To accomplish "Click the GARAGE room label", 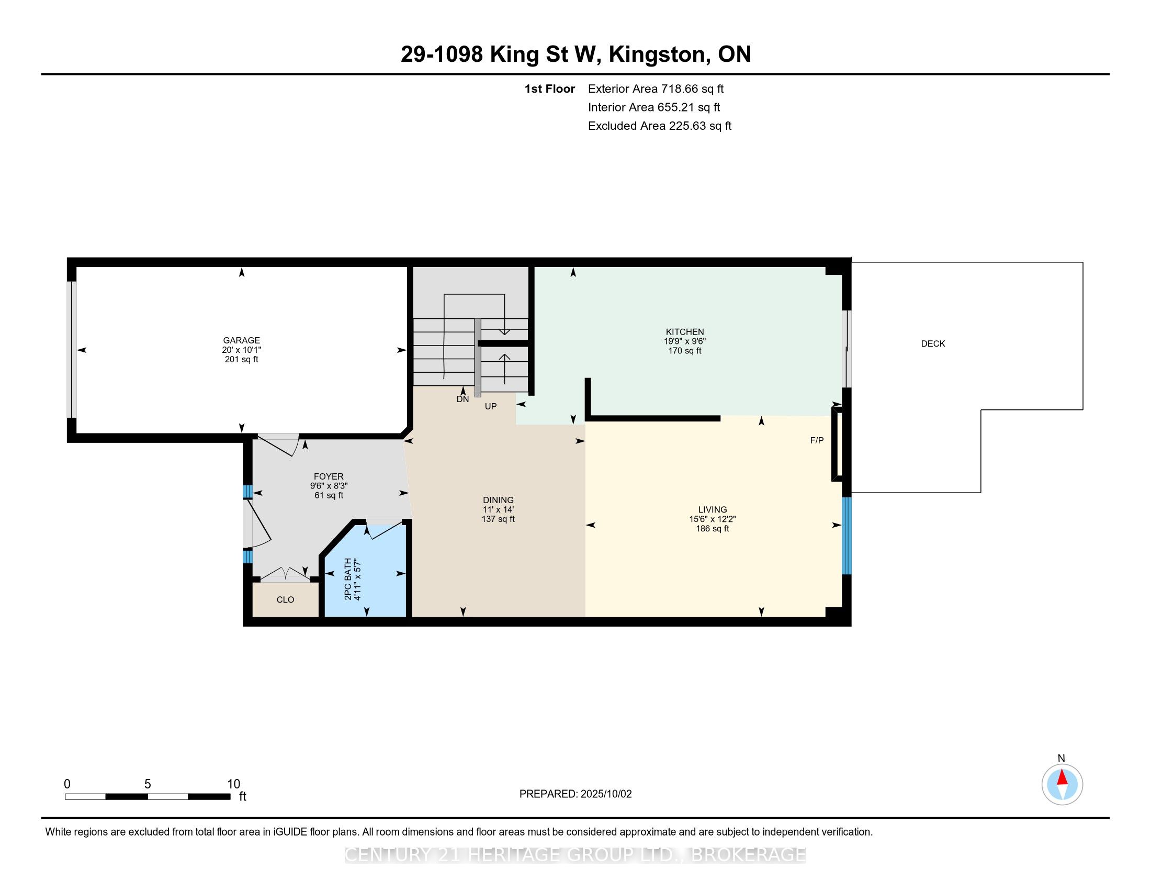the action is point(241,341).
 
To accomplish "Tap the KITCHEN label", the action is point(685,331).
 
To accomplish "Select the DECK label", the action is point(933,344).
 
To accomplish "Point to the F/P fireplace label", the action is point(817,440).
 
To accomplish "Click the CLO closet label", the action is point(285,599).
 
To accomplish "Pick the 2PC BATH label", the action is point(348,578).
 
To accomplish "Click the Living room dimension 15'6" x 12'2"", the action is point(713,519).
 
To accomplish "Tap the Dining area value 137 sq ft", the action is point(498,519).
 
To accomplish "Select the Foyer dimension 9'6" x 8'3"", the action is point(329,486).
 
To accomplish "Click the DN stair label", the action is point(462,399).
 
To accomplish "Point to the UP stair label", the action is point(491,406).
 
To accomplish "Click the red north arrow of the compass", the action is point(1063,777).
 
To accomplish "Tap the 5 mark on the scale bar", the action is point(148,784).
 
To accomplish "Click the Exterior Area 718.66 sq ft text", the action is point(656,89).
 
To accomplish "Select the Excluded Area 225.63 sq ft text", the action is point(660,126).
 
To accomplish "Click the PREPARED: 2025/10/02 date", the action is point(575,794).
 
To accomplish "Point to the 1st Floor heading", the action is point(550,89).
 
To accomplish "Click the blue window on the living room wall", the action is point(847,536).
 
